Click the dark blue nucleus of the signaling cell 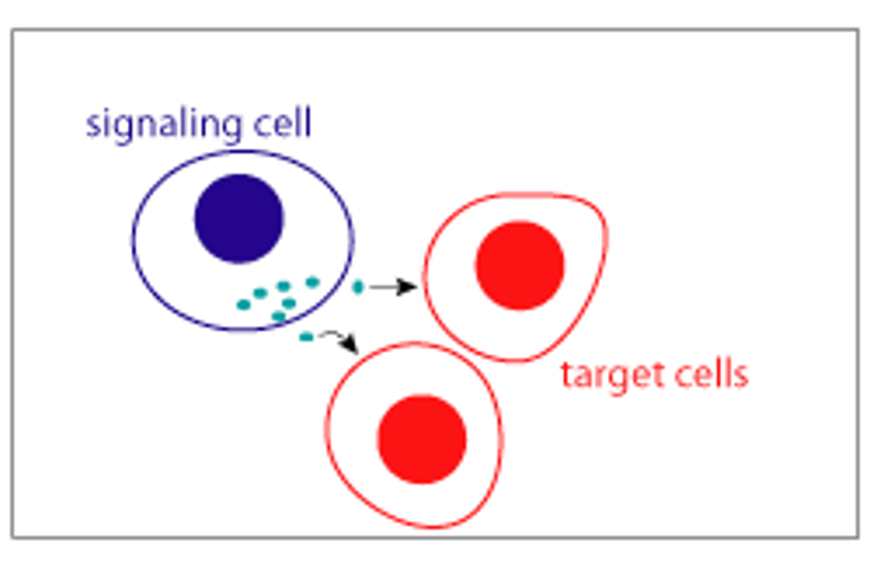[239, 219]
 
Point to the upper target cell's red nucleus [520, 266]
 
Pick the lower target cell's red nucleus [422, 439]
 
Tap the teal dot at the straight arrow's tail [358, 287]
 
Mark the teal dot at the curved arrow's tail [306, 337]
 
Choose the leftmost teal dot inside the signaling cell [243, 305]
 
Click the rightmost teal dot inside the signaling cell [312, 282]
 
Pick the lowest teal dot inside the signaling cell [279, 316]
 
